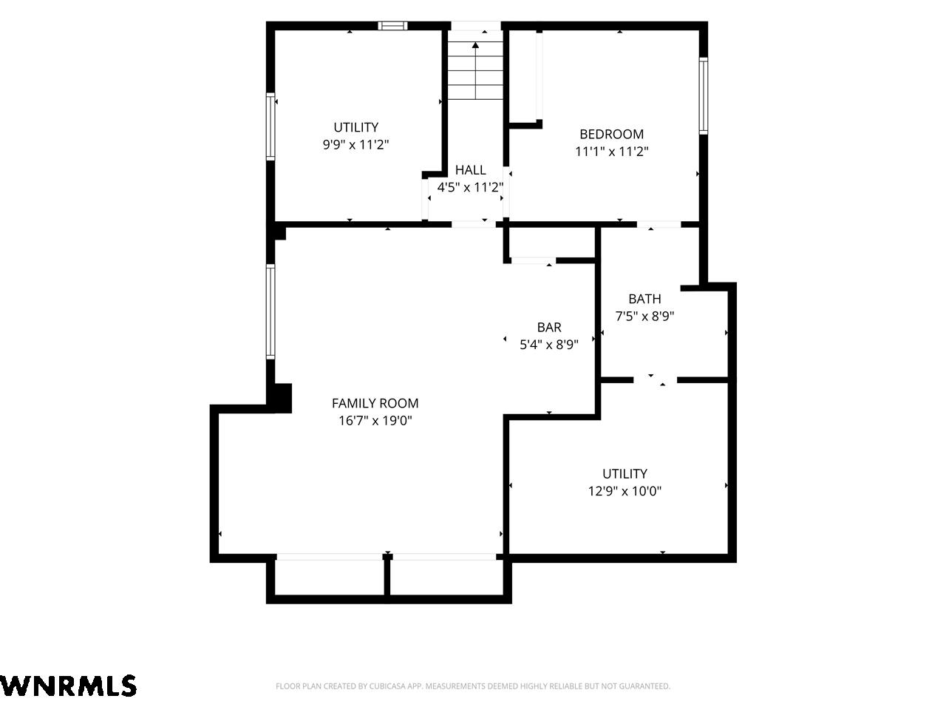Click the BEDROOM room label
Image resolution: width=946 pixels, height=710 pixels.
pos(611,134)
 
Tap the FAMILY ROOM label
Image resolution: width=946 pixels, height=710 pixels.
pos(375,403)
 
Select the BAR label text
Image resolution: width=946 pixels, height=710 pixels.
pos(549,327)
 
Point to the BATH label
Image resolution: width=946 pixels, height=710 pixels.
pos(644,299)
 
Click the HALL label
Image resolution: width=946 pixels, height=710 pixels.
pos(471,170)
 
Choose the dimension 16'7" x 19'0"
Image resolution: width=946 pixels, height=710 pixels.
pos(375,420)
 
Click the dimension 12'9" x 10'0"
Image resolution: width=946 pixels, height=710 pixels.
pos(625,491)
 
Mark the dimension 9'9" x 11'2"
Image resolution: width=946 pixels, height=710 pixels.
pos(355,144)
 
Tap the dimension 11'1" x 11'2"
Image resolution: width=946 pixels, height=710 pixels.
pos(611,152)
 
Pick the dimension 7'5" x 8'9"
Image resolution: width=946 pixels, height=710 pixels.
pos(644,316)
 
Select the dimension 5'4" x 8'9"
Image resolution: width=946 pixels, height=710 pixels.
pos(549,345)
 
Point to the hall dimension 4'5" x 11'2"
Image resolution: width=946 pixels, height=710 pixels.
pos(471,187)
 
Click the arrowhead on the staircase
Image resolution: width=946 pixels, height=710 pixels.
pos(475,45)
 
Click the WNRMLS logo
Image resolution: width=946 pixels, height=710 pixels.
pos(68,686)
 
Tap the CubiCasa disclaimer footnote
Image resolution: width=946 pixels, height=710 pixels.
pos(473,686)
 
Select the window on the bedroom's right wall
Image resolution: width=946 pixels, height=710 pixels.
pos(703,95)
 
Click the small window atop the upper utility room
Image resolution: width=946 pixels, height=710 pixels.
pos(392,26)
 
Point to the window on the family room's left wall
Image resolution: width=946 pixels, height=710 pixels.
pos(270,311)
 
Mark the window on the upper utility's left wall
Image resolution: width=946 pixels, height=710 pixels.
pos(270,126)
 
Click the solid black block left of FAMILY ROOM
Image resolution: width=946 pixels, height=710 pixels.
pos(280,398)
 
